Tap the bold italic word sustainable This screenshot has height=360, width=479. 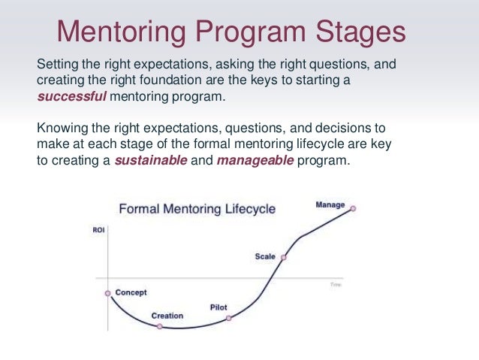point(149,160)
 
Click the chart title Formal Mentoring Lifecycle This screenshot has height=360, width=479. point(197,208)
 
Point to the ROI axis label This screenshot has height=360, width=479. point(98,230)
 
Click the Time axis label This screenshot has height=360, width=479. point(336,285)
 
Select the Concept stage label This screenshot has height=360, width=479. point(131,292)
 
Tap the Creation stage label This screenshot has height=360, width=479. point(167,316)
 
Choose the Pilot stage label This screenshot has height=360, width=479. point(218,307)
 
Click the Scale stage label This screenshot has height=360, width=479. point(265,256)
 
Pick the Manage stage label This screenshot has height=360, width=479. point(330,204)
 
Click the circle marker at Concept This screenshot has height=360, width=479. point(107,293)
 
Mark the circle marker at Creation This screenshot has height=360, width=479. point(159,327)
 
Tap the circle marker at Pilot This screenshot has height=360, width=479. point(229,318)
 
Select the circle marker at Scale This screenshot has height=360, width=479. point(283,257)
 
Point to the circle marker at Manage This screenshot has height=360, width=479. point(353,208)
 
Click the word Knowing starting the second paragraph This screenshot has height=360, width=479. point(61,129)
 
